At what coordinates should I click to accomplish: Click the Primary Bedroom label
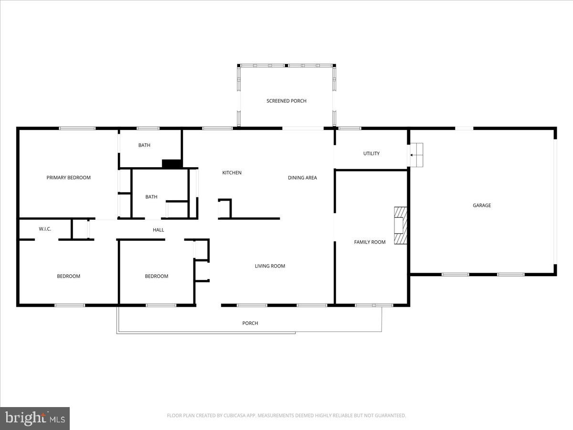tap(68, 178)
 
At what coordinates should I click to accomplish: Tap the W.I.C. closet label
tap(45, 229)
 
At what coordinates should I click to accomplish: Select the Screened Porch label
tap(286, 101)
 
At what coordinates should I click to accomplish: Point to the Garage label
tap(482, 205)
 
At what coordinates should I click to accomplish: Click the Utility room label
tap(371, 154)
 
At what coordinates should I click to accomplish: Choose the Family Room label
tap(370, 242)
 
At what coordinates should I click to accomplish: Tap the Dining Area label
tap(302, 178)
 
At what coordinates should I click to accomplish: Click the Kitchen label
tap(232, 173)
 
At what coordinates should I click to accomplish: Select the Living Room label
tap(270, 266)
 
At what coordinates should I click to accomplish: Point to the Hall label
tap(159, 230)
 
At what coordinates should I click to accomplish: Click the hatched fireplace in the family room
tap(400, 226)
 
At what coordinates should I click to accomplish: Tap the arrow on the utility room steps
tap(412, 155)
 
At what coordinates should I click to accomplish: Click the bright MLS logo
tap(35, 419)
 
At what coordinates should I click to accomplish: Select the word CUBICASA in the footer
tap(235, 416)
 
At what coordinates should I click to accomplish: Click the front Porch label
tap(250, 323)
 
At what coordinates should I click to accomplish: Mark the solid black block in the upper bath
tap(172, 164)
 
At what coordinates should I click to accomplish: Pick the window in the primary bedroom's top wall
tap(77, 128)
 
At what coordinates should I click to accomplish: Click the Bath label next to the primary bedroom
tap(144, 145)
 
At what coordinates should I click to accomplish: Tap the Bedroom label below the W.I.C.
tap(68, 276)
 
